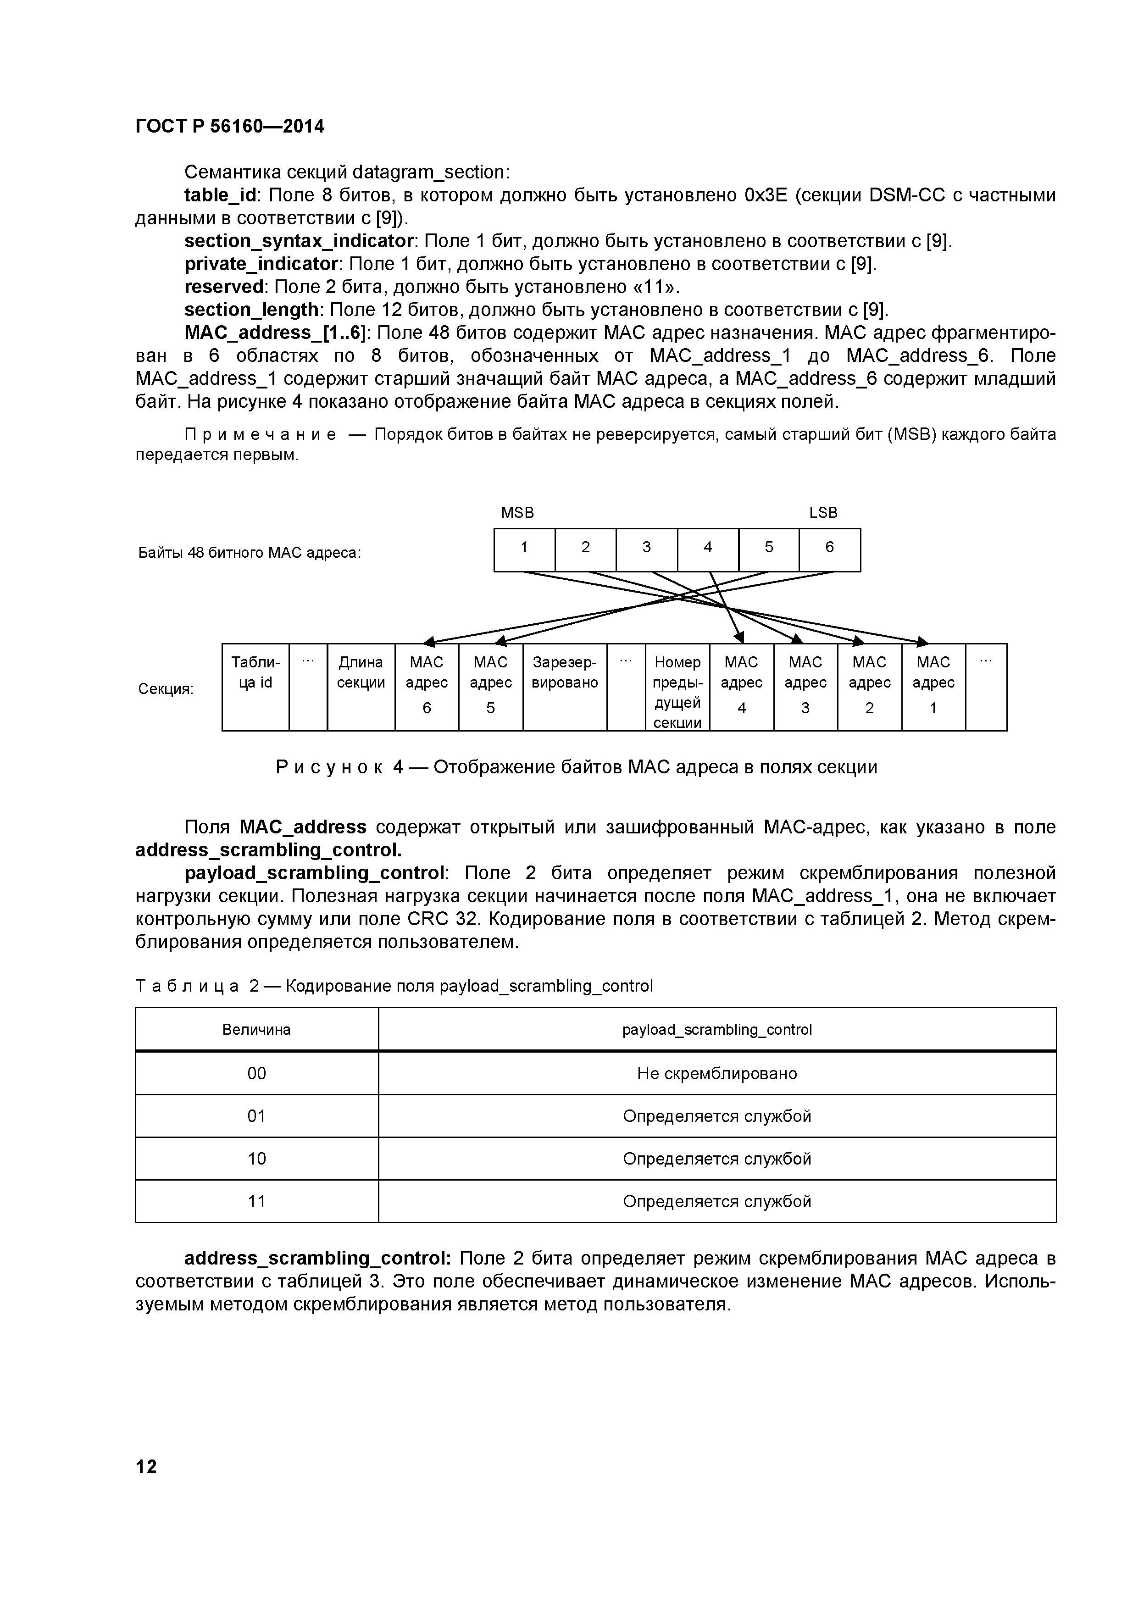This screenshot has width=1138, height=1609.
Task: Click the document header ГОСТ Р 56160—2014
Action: click(230, 126)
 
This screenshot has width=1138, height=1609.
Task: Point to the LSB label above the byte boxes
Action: click(823, 512)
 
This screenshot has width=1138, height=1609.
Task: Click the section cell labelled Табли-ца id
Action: click(255, 687)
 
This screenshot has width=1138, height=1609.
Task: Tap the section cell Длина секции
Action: click(361, 687)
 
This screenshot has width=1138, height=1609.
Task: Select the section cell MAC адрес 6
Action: click(427, 687)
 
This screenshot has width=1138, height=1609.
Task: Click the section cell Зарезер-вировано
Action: click(565, 687)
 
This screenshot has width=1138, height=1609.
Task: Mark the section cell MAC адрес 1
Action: click(933, 687)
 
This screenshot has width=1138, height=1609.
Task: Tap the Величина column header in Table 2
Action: click(256, 1029)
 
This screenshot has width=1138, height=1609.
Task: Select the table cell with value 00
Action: click(256, 1074)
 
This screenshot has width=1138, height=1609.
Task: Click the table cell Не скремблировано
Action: click(717, 1074)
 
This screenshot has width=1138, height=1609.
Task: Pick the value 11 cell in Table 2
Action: click(256, 1201)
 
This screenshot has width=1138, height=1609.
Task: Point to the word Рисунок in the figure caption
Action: click(329, 767)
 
